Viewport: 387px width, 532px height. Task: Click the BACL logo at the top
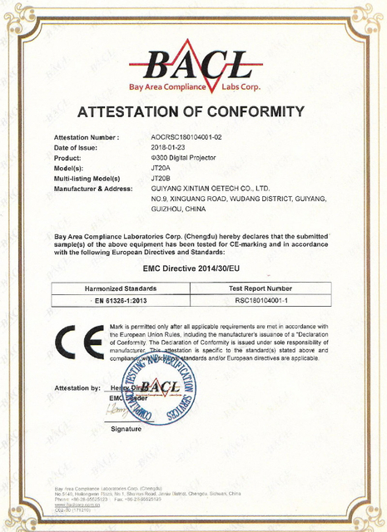pyautogui.click(x=193, y=67)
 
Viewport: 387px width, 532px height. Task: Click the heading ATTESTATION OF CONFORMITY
pyautogui.click(x=193, y=111)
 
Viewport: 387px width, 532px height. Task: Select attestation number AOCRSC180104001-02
pyautogui.click(x=187, y=135)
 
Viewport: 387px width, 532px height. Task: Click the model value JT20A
pyautogui.click(x=161, y=168)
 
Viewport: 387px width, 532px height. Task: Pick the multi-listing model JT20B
pyautogui.click(x=161, y=179)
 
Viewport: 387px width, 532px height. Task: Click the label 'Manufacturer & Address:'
pyautogui.click(x=93, y=190)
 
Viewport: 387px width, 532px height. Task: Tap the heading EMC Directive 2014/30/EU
pyautogui.click(x=193, y=269)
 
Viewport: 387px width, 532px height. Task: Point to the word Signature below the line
pyautogui.click(x=127, y=429)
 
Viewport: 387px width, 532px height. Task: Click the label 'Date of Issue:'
pyautogui.click(x=78, y=146)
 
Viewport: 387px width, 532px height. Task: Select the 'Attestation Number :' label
pyautogui.click(x=87, y=135)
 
